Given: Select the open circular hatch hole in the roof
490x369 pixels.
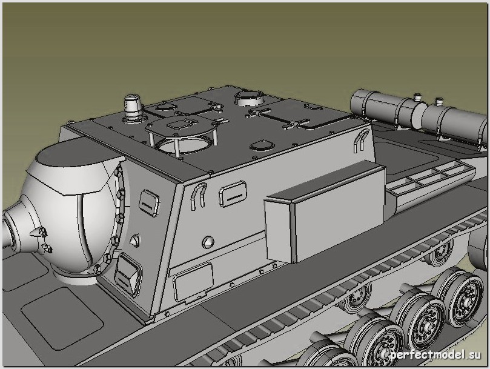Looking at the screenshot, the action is pos(183,145).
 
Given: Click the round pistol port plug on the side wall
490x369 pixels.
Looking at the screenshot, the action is pos(208,242).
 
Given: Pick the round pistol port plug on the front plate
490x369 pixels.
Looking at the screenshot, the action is pos(134,240).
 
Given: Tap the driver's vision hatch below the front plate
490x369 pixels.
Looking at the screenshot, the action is pos(128,275).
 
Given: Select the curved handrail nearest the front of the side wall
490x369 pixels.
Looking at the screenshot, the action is pos(198,196).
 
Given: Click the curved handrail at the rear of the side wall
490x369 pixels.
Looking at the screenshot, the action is pos(361,140).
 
